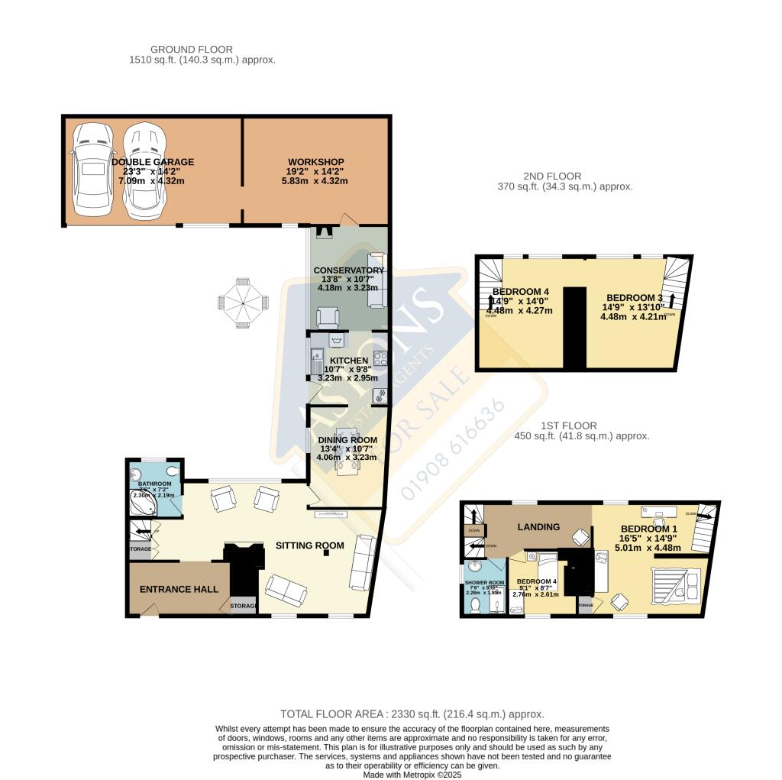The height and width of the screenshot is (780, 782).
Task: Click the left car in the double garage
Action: click(91, 170)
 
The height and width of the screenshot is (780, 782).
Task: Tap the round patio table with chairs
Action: click(243, 303)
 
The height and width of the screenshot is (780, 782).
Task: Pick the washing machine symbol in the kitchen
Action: click(379, 395)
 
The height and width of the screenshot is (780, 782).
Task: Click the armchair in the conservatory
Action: click(328, 316)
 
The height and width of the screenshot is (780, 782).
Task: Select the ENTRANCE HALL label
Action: click(179, 589)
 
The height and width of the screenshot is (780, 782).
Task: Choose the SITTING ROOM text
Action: click(310, 545)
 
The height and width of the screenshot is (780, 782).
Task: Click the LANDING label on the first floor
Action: click(539, 526)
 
